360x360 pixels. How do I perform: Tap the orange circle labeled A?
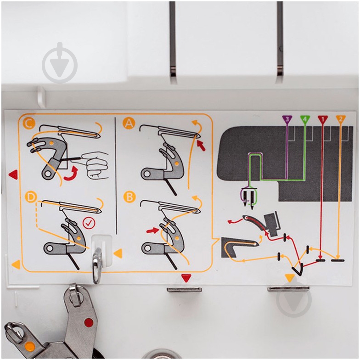point(129,123)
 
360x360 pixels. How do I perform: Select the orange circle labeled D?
point(31,197)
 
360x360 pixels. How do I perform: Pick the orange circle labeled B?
point(129,197)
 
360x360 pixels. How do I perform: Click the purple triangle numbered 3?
point(287,119)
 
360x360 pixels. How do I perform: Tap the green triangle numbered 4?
point(305,119)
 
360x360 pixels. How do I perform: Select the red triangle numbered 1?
point(323,119)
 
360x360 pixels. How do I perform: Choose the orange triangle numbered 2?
point(341,119)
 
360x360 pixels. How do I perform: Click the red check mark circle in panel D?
point(89,223)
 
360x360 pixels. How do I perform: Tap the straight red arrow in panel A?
point(201,146)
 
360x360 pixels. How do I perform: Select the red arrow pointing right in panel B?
point(153,231)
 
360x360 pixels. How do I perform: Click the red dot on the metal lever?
point(89,322)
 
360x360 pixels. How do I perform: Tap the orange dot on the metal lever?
point(29,346)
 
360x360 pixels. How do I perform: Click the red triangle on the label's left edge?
point(13,174)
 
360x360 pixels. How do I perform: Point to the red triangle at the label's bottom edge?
point(186,278)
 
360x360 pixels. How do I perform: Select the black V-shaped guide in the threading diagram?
point(298,270)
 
